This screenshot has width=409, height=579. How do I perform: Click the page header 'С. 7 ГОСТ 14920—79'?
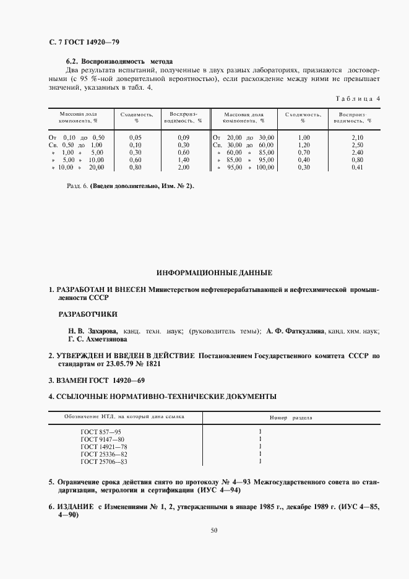pos(79,42)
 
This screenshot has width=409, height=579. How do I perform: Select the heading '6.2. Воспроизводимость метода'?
pos(119,61)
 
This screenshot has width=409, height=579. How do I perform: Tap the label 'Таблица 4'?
pos(358,98)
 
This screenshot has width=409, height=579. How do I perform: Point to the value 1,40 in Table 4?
pos(135,159)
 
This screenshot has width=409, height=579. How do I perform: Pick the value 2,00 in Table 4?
pos(183,167)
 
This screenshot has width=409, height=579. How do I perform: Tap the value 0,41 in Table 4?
pos(356,167)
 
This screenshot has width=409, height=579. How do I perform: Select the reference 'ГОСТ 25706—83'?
pos(104,461)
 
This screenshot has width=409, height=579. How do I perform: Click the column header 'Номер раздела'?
pos(291,418)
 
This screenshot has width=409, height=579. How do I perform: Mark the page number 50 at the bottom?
pos(213,530)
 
